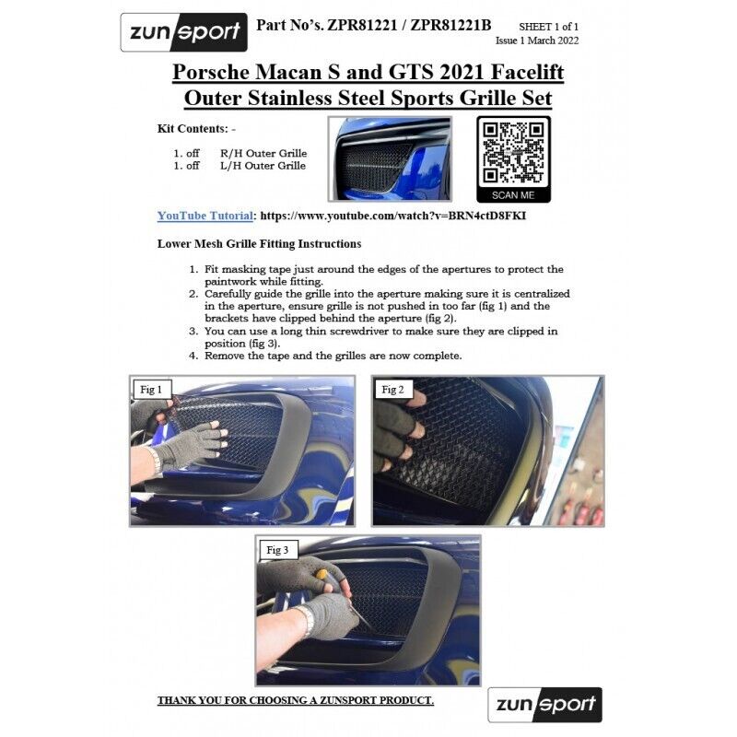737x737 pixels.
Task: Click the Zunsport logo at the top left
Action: click(x=183, y=32)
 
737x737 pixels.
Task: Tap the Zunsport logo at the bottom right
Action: click(x=544, y=705)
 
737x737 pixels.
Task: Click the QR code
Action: click(x=513, y=152)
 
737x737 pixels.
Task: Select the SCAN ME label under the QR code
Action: click(x=513, y=195)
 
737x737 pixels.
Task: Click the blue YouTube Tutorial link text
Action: click(x=205, y=216)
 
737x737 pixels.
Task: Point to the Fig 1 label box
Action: click(x=151, y=390)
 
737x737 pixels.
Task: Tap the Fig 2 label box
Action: click(x=393, y=390)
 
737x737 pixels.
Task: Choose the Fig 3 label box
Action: click(x=277, y=550)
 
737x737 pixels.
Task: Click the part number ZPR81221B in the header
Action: click(x=450, y=25)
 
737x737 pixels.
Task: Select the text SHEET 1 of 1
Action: click(x=548, y=27)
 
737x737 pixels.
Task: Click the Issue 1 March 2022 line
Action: click(x=537, y=41)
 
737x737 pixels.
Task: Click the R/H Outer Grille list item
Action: click(x=240, y=153)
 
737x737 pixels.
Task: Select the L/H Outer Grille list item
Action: click(x=240, y=166)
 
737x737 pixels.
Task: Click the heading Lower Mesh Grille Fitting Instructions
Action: click(x=260, y=244)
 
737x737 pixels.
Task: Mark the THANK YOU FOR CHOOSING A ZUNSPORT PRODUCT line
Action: click(x=296, y=700)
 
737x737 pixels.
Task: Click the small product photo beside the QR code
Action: click(x=390, y=158)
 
